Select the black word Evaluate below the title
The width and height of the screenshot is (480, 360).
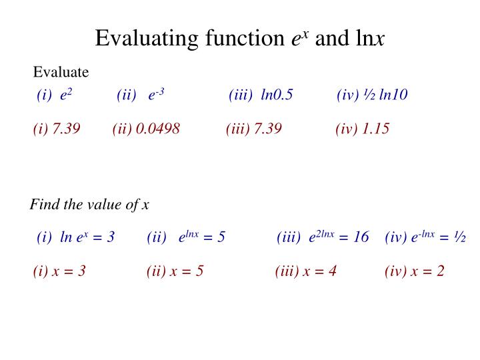pyautogui.click(x=61, y=72)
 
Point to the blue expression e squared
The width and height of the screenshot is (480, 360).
pyautogui.click(x=66, y=95)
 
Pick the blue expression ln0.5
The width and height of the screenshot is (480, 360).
pyautogui.click(x=277, y=95)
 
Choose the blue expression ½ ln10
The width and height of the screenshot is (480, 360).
pyautogui.click(x=383, y=95)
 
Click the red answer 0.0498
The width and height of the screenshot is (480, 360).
pyautogui.click(x=157, y=128)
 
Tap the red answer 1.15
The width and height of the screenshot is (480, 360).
pyautogui.click(x=375, y=128)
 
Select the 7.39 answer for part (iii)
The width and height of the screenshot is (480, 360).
pyautogui.click(x=267, y=128)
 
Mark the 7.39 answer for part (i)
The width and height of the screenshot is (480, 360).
pyautogui.click(x=67, y=128)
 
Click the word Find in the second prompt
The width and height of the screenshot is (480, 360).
pyautogui.click(x=41, y=204)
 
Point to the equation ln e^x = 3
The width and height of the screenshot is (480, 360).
pyautogui.click(x=87, y=237)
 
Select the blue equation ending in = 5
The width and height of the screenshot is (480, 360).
pyautogui.click(x=201, y=237)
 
